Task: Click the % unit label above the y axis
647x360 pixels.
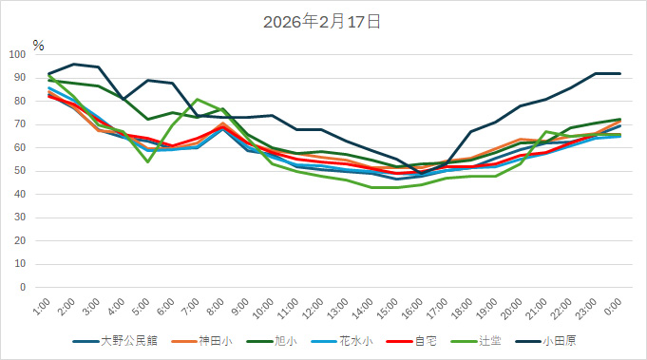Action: pyautogui.click(x=38, y=45)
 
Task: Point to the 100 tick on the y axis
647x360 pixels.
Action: pyautogui.click(x=17, y=54)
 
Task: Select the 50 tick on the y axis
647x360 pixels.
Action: pyautogui.click(x=20, y=170)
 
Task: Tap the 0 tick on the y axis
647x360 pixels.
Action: pyautogui.click(x=23, y=287)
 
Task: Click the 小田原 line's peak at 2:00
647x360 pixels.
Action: pyautogui.click(x=73, y=65)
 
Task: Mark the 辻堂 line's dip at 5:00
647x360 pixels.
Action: pyautogui.click(x=147, y=161)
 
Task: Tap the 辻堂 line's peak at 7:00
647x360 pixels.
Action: pyautogui.click(x=197, y=99)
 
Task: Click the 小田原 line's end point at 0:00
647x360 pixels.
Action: pyautogui.click(x=619, y=73)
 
